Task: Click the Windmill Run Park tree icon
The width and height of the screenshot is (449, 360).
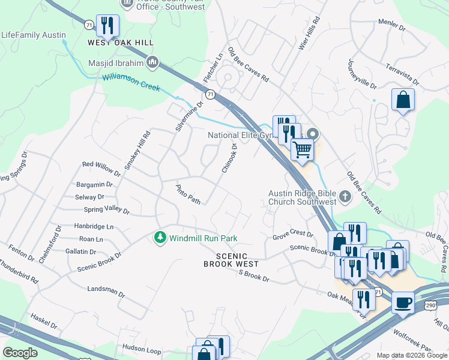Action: click(160, 238)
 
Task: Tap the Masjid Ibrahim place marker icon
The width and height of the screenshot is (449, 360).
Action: click(152, 62)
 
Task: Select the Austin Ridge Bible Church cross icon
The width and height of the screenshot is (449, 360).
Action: click(345, 196)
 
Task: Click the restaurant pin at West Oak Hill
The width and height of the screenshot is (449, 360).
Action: click(107, 26)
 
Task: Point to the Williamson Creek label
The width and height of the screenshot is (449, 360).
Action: click(131, 82)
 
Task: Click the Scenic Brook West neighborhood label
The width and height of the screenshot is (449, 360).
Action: click(231, 260)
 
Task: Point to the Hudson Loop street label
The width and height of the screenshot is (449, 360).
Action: click(142, 348)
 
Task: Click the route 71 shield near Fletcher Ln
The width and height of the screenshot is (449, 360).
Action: click(210, 95)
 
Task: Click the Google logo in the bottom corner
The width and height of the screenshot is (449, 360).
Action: click(20, 352)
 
